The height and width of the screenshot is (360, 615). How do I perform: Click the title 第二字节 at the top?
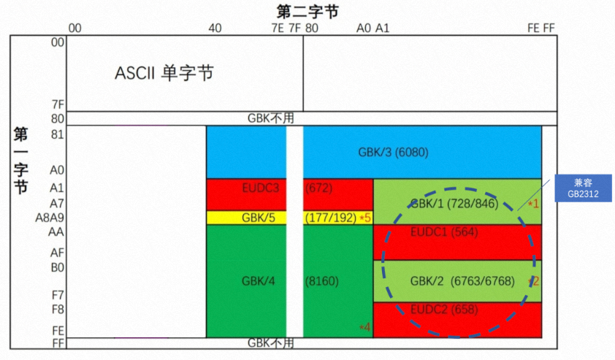[x=307, y=12]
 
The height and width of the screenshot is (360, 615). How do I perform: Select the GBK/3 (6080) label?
[x=392, y=153]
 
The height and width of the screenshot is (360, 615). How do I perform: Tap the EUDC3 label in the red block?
[x=261, y=188]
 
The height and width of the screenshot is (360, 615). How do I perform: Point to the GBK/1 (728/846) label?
[x=454, y=203]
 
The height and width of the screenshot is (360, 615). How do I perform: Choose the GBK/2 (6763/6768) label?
[x=462, y=280]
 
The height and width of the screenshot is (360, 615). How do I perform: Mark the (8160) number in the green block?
[x=321, y=280]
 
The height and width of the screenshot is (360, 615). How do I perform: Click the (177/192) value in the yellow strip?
[x=330, y=218]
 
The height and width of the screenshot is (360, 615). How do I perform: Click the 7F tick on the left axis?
[x=58, y=103]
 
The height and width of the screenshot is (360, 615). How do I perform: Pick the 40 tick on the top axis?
[x=215, y=28]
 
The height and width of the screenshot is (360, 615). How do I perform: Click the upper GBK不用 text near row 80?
[x=271, y=118]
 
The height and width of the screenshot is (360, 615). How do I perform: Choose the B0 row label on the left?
[x=58, y=267]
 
